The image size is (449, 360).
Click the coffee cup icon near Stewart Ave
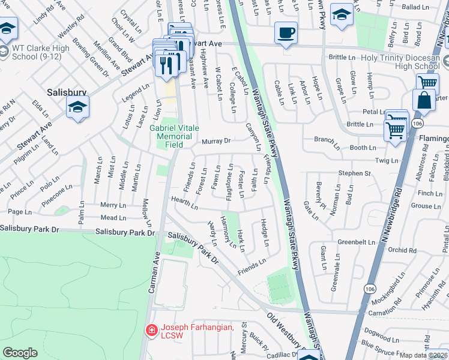tap(286, 32)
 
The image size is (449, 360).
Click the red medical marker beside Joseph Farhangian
tap(152, 330)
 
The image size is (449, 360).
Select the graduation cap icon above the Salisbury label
tap(77, 107)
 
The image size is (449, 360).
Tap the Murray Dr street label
tap(216, 142)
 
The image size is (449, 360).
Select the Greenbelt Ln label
tap(356, 242)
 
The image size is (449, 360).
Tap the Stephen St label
tap(354, 173)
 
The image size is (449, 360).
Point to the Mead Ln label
tap(113, 218)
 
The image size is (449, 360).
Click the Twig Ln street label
tap(386, 161)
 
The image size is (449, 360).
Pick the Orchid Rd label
tap(401, 250)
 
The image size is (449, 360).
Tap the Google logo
tap(20, 352)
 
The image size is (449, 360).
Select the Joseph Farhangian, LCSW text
tap(191, 331)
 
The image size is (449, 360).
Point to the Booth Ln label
tap(363, 148)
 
